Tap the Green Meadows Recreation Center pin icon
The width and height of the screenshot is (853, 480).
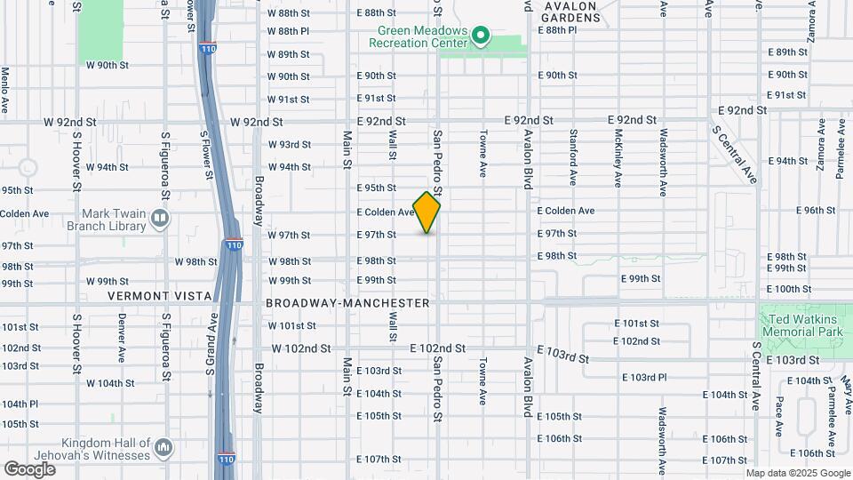coord(481,36)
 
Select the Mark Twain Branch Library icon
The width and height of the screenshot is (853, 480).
coord(159,218)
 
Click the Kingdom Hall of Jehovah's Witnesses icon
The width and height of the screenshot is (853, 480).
coord(163,445)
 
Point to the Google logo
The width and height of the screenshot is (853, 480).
coord(29,468)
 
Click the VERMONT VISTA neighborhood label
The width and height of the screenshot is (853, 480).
coord(160,296)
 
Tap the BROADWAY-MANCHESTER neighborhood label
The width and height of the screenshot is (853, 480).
coord(348,303)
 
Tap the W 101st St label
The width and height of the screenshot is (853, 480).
coord(292,325)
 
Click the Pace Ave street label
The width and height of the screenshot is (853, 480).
coord(779,416)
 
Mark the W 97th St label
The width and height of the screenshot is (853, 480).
coord(289,235)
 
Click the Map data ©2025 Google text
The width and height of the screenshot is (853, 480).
coord(798,473)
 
